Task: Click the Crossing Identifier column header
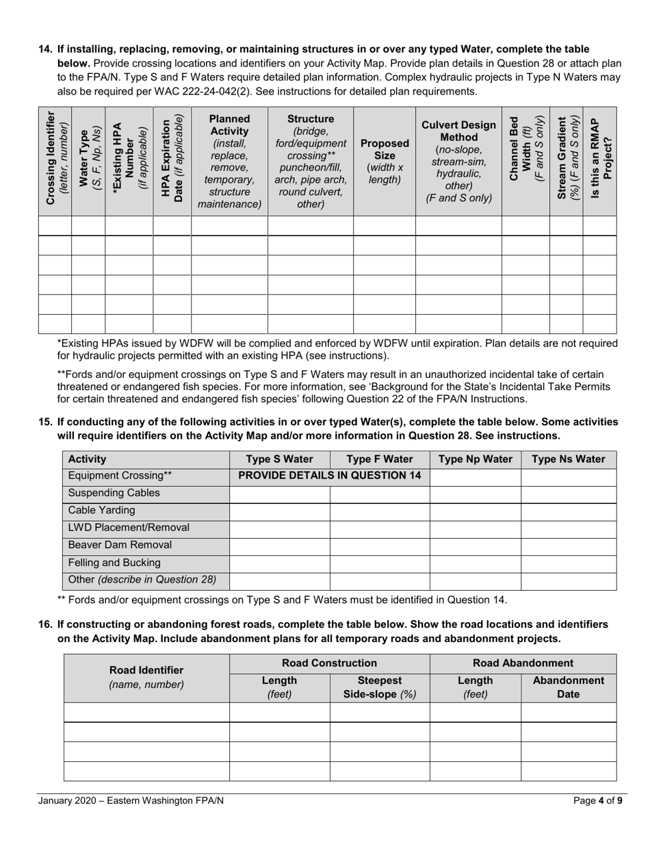pyautogui.click(x=55, y=161)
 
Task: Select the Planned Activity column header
pyautogui.click(x=229, y=161)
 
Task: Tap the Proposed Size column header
pyautogui.click(x=384, y=161)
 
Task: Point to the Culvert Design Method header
pyautogui.click(x=458, y=161)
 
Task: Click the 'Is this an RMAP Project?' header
pyautogui.click(x=600, y=161)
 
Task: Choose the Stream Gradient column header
pyautogui.click(x=566, y=161)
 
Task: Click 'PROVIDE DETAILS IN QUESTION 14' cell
pyautogui.click(x=329, y=476)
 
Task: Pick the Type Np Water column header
pyautogui.click(x=475, y=459)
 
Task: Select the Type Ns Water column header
pyautogui.click(x=569, y=459)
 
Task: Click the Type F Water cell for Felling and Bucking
pyautogui.click(x=379, y=563)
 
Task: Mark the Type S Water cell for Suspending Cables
pyautogui.click(x=279, y=494)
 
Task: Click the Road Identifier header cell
pyautogui.click(x=146, y=677)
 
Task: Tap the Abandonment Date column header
pyautogui.click(x=569, y=687)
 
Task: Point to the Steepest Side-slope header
pyautogui.click(x=379, y=687)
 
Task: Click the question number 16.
pyautogui.click(x=45, y=624)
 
